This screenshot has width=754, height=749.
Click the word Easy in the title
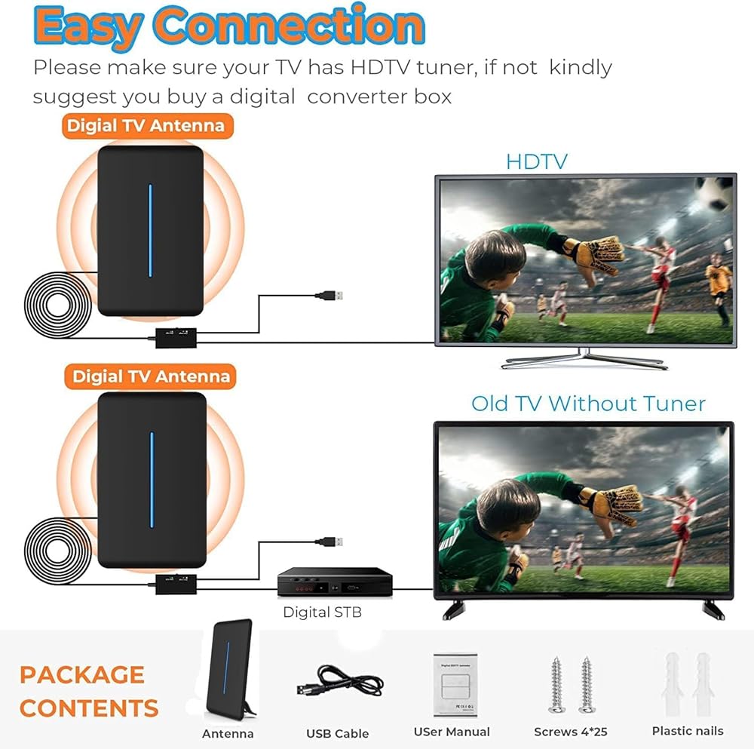(x=88, y=27)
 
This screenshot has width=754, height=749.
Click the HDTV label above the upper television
(x=537, y=161)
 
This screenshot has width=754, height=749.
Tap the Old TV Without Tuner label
(x=588, y=404)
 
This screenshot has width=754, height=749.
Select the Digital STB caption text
(x=322, y=612)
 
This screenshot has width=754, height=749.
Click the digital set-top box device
(x=335, y=582)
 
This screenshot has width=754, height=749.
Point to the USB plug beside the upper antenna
(x=329, y=295)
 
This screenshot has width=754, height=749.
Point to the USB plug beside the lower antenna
(x=329, y=542)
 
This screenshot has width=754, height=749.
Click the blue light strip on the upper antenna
(x=151, y=230)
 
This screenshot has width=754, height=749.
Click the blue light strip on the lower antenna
(x=152, y=480)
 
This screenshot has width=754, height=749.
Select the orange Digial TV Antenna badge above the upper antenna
(x=148, y=126)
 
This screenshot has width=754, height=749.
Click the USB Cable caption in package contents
(x=338, y=734)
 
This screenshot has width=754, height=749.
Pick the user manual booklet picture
(x=455, y=685)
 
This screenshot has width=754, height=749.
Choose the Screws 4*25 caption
(x=570, y=732)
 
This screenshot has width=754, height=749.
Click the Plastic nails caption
(x=688, y=731)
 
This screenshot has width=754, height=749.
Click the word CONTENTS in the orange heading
(x=89, y=708)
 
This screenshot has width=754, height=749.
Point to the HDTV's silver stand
(x=584, y=359)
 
